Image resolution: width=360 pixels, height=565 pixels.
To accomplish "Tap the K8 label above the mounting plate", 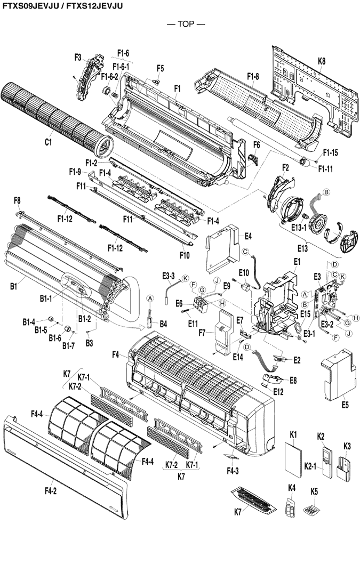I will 322,62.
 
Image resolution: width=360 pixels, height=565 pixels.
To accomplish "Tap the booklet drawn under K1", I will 293,463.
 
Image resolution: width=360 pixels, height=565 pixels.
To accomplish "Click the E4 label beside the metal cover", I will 248,236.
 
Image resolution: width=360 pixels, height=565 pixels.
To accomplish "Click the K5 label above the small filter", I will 314,487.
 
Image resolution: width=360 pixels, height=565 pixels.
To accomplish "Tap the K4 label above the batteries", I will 292,487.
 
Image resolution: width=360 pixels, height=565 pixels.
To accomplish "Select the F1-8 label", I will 253,76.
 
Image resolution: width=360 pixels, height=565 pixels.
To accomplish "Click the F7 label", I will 202,333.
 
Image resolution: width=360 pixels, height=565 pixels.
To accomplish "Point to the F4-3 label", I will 233,471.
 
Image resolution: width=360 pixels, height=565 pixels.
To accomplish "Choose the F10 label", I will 184,255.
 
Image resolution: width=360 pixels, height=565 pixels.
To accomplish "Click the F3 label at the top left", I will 77,57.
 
